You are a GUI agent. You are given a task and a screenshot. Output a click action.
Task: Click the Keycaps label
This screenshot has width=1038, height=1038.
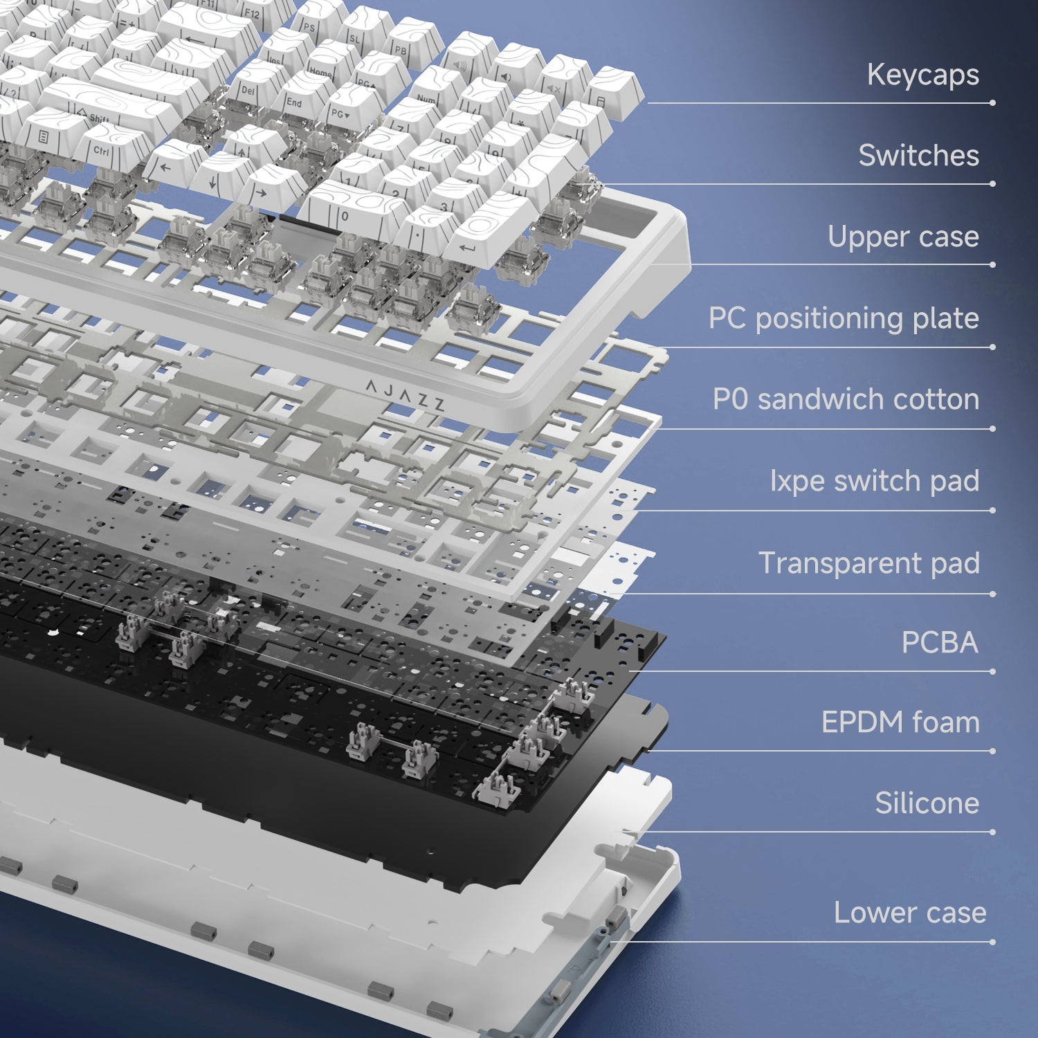click(922, 75)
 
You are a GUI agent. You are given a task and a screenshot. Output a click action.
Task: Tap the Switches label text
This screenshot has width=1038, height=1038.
click(918, 155)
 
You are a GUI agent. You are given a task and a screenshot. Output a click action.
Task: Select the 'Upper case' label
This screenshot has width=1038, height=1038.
click(903, 237)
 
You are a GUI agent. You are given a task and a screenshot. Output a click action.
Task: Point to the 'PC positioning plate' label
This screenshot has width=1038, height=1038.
click(844, 318)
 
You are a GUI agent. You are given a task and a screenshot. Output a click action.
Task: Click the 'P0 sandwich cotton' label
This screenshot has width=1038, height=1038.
click(846, 399)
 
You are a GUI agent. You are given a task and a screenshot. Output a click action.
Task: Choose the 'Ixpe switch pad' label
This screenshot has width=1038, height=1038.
click(875, 481)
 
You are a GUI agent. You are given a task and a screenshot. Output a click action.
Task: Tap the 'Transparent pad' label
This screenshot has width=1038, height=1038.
click(869, 563)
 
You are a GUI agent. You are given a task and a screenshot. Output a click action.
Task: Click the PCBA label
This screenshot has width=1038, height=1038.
click(940, 643)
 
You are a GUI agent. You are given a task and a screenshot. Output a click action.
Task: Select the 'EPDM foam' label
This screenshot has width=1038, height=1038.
click(900, 722)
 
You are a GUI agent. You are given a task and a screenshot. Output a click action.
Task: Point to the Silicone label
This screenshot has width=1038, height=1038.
click(927, 803)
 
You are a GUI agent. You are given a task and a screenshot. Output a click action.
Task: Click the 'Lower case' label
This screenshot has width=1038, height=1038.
click(910, 913)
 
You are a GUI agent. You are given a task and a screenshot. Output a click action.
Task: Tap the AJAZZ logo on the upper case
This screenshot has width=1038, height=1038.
click(405, 395)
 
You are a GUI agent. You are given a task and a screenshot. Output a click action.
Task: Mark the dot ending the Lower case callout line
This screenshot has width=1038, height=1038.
click(993, 942)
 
